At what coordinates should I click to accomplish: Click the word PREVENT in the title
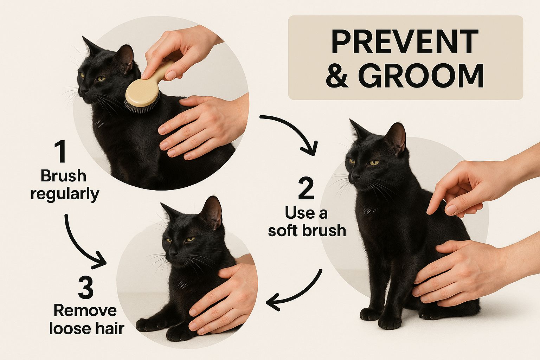[x=405, y=41]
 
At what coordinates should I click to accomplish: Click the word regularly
[x=65, y=194]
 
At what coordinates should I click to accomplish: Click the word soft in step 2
[x=283, y=230]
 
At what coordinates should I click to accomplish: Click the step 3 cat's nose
[x=172, y=253]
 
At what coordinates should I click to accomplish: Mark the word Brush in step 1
[x=63, y=176]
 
